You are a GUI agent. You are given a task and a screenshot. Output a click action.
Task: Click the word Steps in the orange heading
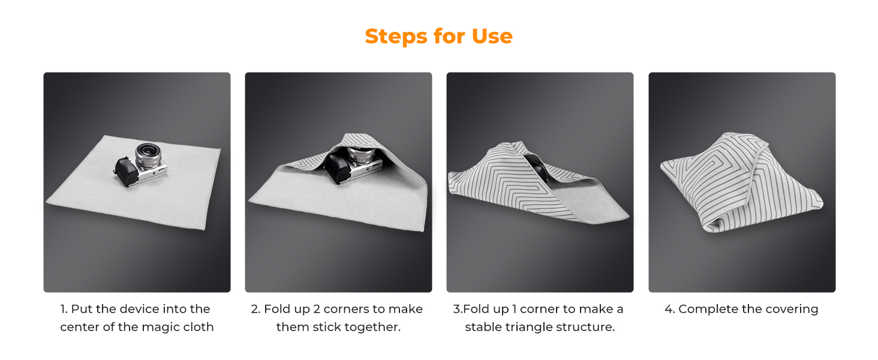click(x=395, y=37)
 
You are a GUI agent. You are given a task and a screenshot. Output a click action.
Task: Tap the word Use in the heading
click(x=492, y=36)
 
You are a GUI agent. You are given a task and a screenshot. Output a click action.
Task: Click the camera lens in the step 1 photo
click(x=148, y=155)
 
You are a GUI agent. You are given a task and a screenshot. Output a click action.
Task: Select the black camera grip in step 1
click(x=126, y=172)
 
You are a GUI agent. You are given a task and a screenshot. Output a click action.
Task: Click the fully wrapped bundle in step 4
click(x=742, y=182)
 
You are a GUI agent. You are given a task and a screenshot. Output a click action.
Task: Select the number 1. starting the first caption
click(x=64, y=309)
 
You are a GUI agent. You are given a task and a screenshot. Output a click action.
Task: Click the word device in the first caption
click(x=140, y=309)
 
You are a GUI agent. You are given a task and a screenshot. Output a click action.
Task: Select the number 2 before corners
click(x=317, y=309)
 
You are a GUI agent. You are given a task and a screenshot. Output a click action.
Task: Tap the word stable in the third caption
click(x=483, y=326)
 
